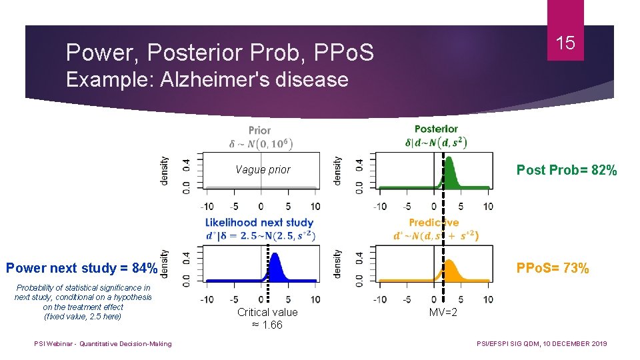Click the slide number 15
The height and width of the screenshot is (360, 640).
pyautogui.click(x=565, y=43)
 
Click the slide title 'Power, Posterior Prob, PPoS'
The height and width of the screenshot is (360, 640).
pyautogui.click(x=220, y=51)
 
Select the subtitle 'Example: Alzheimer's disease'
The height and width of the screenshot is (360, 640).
pyautogui.click(x=207, y=80)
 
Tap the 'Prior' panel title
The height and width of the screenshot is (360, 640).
pyautogui.click(x=259, y=130)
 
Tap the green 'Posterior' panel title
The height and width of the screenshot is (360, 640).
pyautogui.click(x=436, y=129)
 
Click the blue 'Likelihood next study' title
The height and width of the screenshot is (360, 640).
pyautogui.click(x=259, y=222)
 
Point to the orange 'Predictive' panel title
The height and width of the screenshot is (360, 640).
pyautogui.click(x=434, y=223)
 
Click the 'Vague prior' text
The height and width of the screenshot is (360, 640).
pyautogui.click(x=263, y=169)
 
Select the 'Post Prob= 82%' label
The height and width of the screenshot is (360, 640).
pyautogui.click(x=567, y=170)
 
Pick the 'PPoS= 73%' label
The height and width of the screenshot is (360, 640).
pyautogui.click(x=553, y=269)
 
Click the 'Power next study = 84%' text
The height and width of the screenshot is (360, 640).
pyautogui.click(x=81, y=269)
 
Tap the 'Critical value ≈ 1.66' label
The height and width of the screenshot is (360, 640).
pyautogui.click(x=267, y=318)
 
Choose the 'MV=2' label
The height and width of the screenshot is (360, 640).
pyautogui.click(x=443, y=312)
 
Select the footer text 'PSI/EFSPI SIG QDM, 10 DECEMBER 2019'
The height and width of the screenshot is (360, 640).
pyautogui.click(x=542, y=344)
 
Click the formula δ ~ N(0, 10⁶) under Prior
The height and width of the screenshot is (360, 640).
pyautogui.click(x=261, y=143)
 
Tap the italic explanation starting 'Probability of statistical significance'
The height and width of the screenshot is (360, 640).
pyautogui.click(x=83, y=302)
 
